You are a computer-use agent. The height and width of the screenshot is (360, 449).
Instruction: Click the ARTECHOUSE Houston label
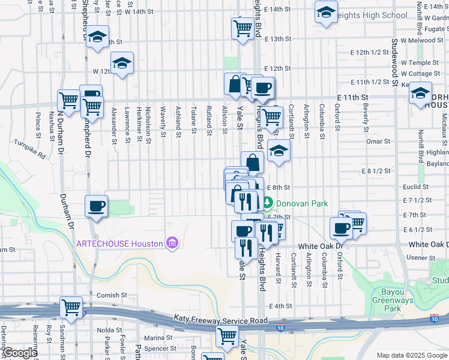coord(120,244)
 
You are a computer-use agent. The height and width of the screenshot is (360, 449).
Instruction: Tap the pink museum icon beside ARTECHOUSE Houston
coord(172,243)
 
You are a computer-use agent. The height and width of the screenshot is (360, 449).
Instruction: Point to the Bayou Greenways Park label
coord(394,300)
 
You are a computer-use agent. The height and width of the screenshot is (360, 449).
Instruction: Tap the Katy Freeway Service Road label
coord(220,320)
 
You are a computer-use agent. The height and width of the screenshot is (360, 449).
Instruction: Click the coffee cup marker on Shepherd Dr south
coord(96,207)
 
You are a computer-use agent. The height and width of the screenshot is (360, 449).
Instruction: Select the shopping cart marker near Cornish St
coord(71,307)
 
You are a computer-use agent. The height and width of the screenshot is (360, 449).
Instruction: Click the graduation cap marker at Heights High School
coord(326,13)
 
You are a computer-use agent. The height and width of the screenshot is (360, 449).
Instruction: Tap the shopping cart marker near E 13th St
coord(243,28)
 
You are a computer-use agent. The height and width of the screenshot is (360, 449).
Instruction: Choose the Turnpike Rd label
coord(30,150)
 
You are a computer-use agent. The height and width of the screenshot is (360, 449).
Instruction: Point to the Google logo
coord(19,353)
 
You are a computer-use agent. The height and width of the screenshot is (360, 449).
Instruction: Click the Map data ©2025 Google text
coord(412,355)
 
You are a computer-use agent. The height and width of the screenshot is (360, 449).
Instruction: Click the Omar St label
coord(378,142)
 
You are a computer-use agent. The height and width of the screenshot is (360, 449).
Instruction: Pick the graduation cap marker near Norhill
coord(420,94)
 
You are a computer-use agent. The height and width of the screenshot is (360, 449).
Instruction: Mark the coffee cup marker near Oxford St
coord(341,228)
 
